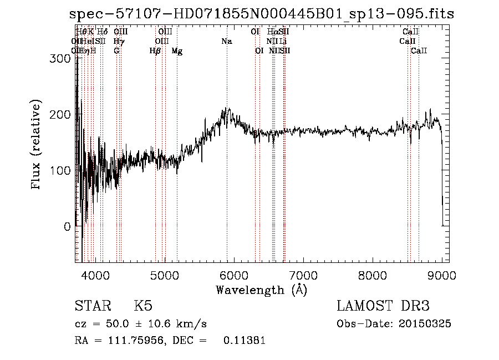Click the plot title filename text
pos(262,14)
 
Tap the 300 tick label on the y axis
pos(63,58)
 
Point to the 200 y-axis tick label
pos(63,114)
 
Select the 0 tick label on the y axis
pos(68,226)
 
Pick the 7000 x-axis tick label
pos(303,275)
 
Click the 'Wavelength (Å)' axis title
pos(262,290)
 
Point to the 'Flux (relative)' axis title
pos(37,146)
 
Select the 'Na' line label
pos(226,42)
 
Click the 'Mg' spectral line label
pos(177,51)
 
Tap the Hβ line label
pos(155,51)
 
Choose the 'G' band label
pos(116,51)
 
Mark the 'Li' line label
pos(283,42)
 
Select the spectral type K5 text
pos(143,307)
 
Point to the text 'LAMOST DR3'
pos(383,307)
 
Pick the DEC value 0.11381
pos(244,341)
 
